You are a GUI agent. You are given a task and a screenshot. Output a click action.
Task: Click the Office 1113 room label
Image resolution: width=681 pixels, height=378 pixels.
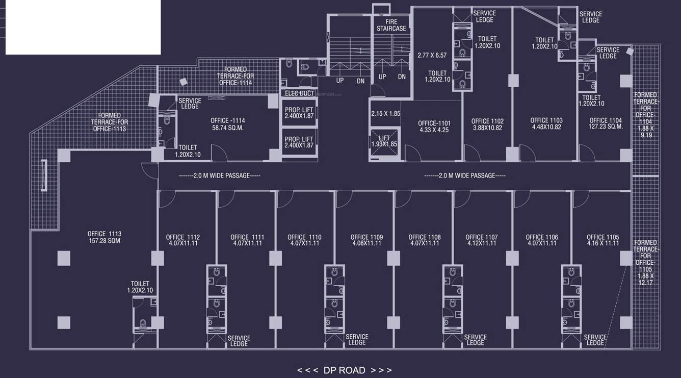104,234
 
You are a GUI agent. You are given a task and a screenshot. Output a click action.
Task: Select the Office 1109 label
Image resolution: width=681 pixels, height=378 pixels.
366,237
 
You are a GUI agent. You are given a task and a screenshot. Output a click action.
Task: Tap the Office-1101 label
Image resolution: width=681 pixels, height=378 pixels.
434,123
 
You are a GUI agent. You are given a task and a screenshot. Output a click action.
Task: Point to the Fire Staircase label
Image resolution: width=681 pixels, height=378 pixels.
391,26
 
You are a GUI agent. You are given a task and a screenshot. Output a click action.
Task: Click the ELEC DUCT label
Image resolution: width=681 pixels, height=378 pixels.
299,93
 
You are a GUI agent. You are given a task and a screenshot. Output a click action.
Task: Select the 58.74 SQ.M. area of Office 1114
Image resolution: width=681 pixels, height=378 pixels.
227,128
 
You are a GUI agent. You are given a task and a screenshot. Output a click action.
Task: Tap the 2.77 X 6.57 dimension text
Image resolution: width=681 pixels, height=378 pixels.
432,55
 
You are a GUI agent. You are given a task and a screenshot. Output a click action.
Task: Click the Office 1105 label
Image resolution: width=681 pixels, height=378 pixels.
603,237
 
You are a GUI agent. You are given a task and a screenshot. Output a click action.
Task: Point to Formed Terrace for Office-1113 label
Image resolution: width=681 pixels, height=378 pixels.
110,122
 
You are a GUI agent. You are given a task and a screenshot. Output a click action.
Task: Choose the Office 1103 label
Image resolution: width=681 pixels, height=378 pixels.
546,121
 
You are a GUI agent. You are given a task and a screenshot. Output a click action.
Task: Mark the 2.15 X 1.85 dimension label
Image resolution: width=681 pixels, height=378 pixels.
385,114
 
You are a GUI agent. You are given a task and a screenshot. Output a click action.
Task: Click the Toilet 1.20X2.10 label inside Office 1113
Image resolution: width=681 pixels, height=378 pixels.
140,287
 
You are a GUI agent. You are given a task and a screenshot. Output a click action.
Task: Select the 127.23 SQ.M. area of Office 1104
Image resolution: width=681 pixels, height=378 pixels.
606,127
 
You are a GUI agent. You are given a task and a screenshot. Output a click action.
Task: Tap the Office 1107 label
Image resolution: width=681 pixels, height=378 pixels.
481,237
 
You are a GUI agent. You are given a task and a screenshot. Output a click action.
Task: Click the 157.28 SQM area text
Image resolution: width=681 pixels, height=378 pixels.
104,241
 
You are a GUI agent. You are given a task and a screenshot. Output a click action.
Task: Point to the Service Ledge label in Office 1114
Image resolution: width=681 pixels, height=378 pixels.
190,104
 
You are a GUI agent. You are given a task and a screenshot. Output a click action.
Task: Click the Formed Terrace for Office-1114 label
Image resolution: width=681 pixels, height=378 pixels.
235,76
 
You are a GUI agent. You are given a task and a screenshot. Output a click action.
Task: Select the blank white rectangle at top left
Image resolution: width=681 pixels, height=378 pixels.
83,27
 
